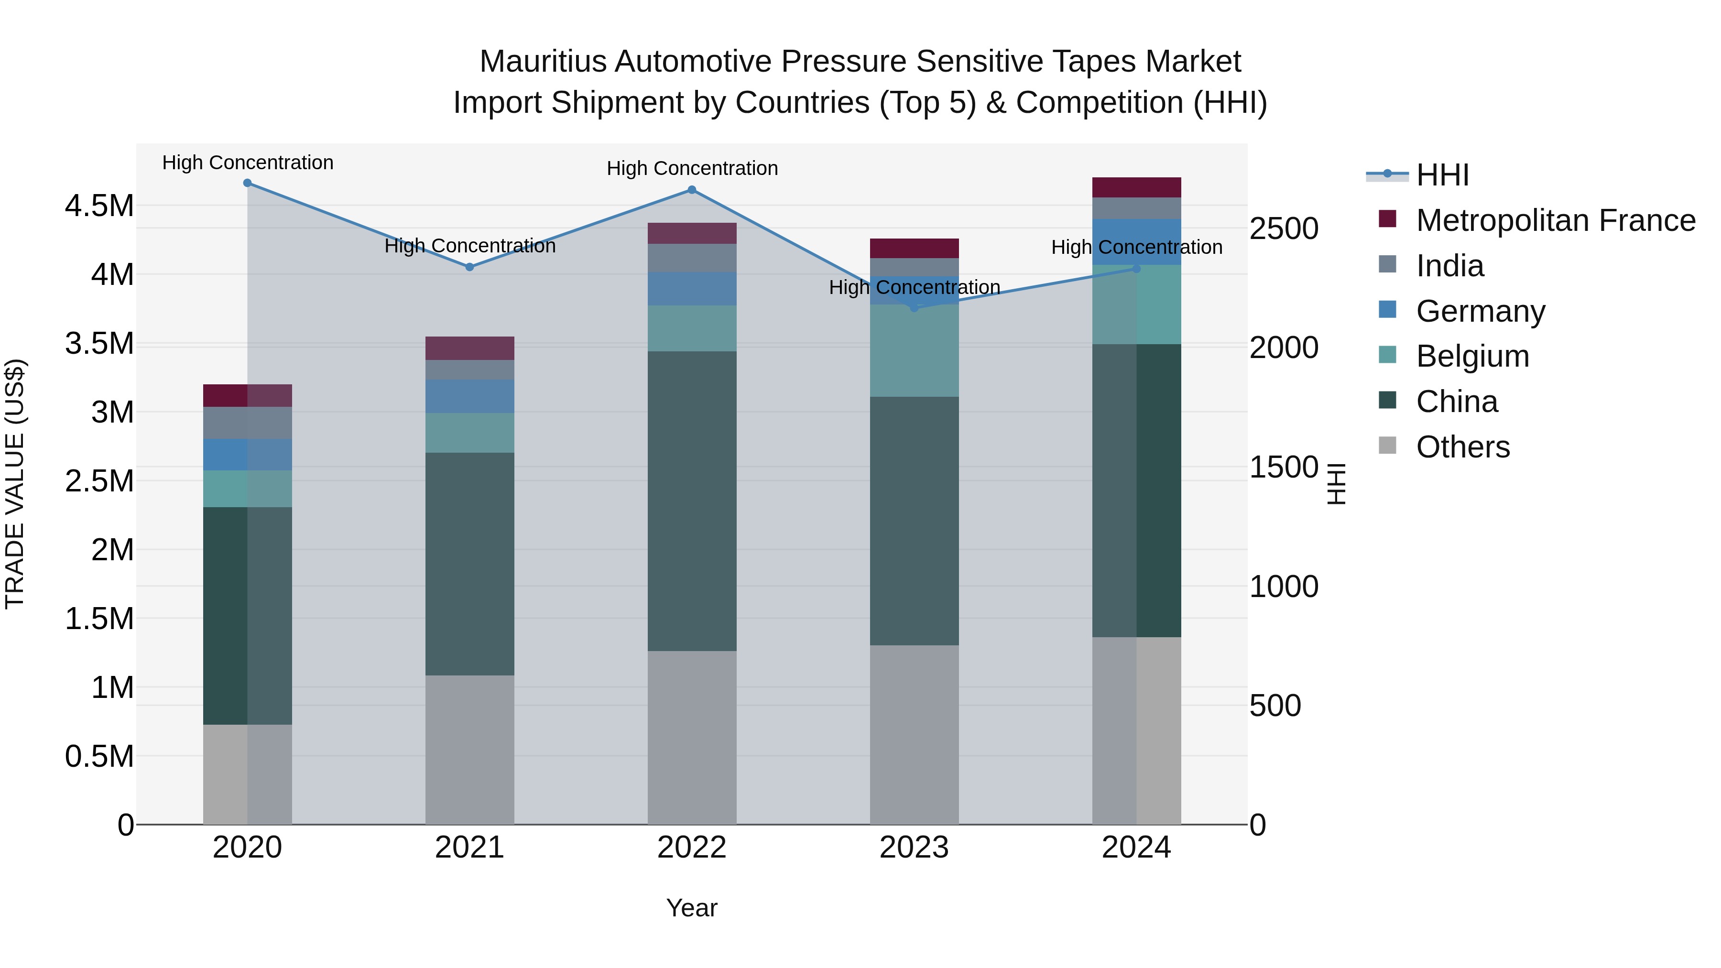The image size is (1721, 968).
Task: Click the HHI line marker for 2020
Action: (x=247, y=183)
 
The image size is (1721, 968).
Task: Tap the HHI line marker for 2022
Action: (x=692, y=190)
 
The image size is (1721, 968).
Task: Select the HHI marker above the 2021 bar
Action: (x=469, y=267)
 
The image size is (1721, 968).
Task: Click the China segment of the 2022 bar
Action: (x=692, y=501)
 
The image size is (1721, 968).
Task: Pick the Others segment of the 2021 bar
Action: (x=469, y=750)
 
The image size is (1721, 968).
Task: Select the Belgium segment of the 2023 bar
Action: (x=914, y=351)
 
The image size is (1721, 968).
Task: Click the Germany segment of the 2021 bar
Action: (x=469, y=396)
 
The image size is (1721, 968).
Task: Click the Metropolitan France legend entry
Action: (x=1555, y=220)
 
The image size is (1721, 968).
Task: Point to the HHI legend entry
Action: (x=1442, y=175)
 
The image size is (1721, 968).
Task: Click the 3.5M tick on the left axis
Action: (x=99, y=343)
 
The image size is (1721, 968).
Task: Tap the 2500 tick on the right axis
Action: (x=1284, y=229)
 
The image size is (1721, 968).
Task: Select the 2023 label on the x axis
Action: (x=914, y=848)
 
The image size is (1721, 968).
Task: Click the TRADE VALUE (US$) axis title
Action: (x=15, y=484)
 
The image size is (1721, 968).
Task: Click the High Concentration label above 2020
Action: (x=248, y=163)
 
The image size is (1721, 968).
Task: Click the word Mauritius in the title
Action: (x=543, y=62)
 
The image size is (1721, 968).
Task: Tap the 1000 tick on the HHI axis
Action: (x=1284, y=587)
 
